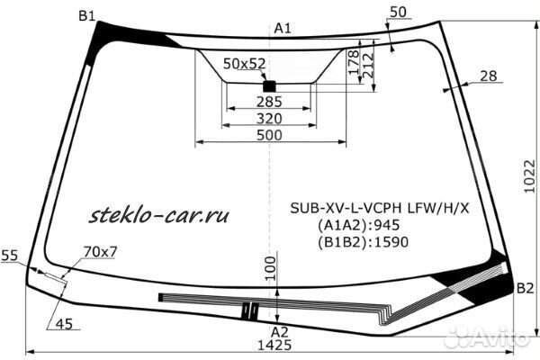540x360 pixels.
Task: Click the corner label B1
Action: pos(86,15)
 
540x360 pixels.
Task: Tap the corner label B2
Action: pos(526,288)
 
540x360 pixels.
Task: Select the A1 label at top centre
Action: pos(283,29)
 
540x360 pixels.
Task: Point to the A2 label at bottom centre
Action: pos(279,332)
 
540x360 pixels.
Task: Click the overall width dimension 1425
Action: pos(275,345)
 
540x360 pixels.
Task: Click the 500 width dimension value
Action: pos(269,135)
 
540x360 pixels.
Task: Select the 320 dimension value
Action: pos(269,119)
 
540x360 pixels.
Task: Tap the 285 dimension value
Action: pos(269,102)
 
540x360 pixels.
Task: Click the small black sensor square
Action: pos(269,85)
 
